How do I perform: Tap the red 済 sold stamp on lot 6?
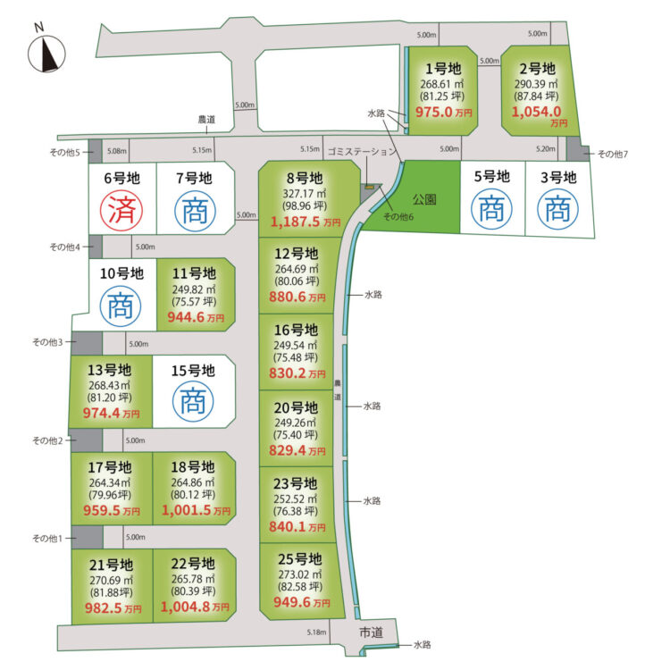tap(121, 210)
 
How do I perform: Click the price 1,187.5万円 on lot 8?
tap(306, 222)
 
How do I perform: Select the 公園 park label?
tap(424, 199)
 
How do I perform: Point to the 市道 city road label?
tap(371, 632)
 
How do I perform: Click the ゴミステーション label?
tap(363, 151)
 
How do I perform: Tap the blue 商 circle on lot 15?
tap(193, 401)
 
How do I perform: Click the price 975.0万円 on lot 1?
tap(443, 112)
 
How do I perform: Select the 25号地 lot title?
tap(300, 559)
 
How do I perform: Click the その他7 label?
tap(612, 154)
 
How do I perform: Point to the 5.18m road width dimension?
tap(316, 632)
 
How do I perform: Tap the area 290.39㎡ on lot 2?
tap(536, 84)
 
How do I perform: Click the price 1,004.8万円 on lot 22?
tap(195, 607)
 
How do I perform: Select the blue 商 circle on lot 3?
tap(557, 209)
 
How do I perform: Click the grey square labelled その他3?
tap(87, 343)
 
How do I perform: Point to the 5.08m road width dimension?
tap(117, 151)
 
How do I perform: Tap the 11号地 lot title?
tap(194, 273)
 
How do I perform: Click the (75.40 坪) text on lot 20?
tap(296, 435)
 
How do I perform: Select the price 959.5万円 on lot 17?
tap(112, 511)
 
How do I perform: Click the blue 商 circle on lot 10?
tap(121, 306)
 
